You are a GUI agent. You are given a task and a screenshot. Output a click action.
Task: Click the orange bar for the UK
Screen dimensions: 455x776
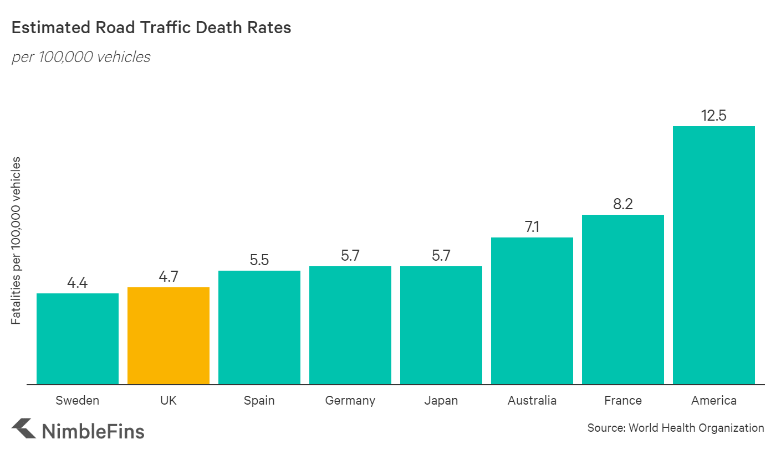pyautogui.click(x=169, y=335)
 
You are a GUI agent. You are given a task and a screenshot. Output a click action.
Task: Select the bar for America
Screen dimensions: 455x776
pyautogui.click(x=714, y=255)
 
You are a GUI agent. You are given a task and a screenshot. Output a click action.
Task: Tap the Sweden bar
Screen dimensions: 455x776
pyautogui.click(x=78, y=339)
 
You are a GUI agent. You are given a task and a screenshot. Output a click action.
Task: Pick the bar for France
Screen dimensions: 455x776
pyautogui.click(x=623, y=299)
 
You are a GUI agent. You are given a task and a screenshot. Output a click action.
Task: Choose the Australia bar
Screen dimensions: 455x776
pyautogui.click(x=532, y=311)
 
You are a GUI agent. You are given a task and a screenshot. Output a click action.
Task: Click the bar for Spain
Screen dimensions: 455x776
pyautogui.click(x=259, y=327)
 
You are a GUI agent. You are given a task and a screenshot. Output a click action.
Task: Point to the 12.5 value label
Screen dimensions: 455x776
pyautogui.click(x=714, y=116)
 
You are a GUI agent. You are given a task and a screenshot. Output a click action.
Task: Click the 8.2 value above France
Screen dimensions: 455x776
pyautogui.click(x=623, y=204)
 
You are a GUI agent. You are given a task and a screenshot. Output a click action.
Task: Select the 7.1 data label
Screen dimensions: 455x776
pyautogui.click(x=532, y=227)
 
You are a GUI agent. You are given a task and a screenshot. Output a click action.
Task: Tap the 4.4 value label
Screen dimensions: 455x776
pyautogui.click(x=78, y=283)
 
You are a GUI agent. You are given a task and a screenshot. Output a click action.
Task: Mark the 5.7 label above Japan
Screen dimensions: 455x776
pyautogui.click(x=441, y=256)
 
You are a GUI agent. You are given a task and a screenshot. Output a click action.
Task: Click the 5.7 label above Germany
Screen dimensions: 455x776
pyautogui.click(x=350, y=256)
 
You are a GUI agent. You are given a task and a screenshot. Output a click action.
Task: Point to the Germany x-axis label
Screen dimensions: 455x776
pyautogui.click(x=350, y=400)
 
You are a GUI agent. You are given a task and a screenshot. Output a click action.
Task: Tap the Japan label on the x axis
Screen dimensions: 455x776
pyautogui.click(x=441, y=400)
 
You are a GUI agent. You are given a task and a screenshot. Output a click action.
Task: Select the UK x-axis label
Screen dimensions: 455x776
pyautogui.click(x=169, y=400)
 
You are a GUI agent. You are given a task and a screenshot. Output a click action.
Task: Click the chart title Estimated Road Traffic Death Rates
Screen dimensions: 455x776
pyautogui.click(x=151, y=28)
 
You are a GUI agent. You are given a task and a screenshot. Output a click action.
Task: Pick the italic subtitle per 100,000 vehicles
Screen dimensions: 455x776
pyautogui.click(x=81, y=57)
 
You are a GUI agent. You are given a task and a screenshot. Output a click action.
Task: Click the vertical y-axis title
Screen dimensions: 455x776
pyautogui.click(x=16, y=241)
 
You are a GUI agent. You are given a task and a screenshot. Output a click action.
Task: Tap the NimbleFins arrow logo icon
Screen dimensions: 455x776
pyautogui.click(x=23, y=429)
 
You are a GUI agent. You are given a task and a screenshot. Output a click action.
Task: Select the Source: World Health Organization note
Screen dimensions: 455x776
pyautogui.click(x=676, y=428)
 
